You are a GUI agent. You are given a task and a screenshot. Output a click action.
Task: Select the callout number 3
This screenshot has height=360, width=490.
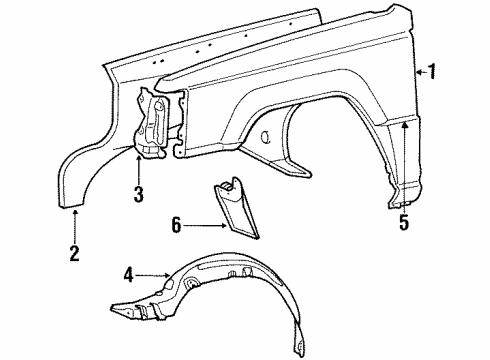tap(138, 194)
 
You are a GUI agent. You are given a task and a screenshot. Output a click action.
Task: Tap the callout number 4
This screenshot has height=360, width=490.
tap(128, 272)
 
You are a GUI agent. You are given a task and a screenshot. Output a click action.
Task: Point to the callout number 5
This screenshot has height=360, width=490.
tap(404, 223)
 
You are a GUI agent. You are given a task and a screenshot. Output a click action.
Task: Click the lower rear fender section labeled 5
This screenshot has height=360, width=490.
tap(402, 175)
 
